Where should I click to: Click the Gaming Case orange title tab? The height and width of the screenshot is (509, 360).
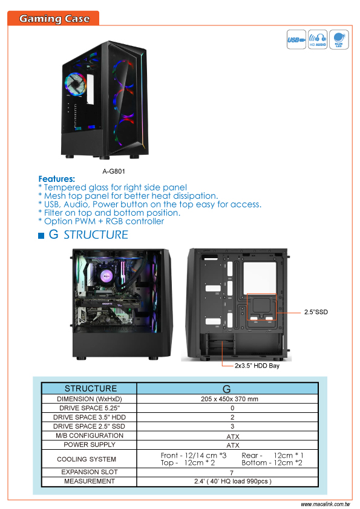click(53, 18)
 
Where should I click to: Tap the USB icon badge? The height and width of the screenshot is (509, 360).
click(296, 40)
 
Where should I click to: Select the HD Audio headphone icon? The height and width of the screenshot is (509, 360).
click(318, 40)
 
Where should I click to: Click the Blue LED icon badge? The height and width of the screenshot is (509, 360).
click(339, 40)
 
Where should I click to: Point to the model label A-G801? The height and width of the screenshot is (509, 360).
click(114, 171)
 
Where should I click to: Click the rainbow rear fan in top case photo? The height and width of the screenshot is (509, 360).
click(76, 84)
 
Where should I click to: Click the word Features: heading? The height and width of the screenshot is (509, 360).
click(56, 179)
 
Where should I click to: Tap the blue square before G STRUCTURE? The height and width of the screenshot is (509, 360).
click(41, 236)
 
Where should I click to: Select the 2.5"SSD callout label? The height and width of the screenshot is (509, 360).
click(316, 312)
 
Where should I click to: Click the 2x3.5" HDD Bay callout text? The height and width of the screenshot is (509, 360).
click(257, 366)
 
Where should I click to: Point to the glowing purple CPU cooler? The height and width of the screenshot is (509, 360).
click(106, 276)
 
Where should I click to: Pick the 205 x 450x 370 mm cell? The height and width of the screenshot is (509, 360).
click(229, 399)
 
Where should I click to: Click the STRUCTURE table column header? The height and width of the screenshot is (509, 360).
click(91, 389)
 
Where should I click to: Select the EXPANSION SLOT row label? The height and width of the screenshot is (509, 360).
click(90, 472)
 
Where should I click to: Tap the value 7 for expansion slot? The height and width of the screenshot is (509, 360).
click(232, 473)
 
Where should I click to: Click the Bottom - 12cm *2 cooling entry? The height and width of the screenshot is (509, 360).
click(272, 463)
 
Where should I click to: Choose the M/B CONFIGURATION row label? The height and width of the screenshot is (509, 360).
click(90, 435)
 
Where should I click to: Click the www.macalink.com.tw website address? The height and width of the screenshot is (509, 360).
click(326, 504)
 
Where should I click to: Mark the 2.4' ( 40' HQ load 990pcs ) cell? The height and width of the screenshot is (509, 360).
click(232, 481)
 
